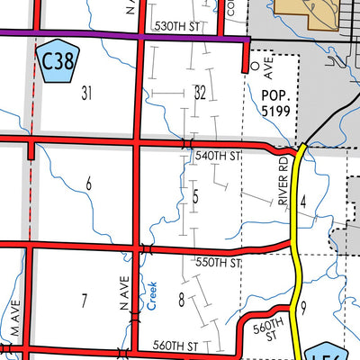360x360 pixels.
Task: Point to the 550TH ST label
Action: coord(220,263)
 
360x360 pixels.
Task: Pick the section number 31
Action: coord(86,93)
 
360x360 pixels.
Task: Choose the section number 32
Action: coord(200,93)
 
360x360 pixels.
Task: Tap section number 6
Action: coord(88,184)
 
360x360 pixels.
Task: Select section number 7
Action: coord(84,300)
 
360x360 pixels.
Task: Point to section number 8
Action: coord(181,301)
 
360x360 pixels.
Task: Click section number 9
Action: coord(304,309)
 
